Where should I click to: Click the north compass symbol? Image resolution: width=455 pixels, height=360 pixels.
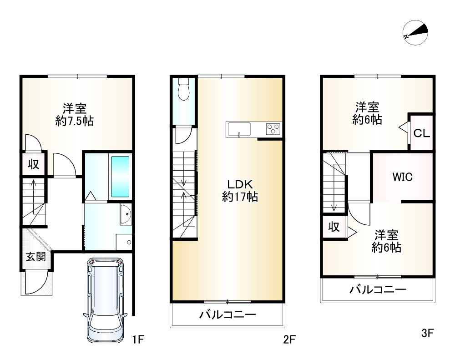tap(415, 32)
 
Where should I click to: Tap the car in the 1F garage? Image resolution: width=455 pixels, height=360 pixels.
tap(105, 300)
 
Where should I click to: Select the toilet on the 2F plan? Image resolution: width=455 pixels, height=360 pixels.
tap(184, 89)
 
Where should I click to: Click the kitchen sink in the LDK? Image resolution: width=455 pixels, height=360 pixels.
tap(239, 129)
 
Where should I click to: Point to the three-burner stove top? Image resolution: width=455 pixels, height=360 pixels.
tap(273, 129)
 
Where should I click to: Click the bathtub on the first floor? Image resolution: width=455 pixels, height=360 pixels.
tap(120, 177)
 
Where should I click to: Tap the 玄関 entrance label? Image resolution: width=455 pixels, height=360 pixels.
tap(36, 257)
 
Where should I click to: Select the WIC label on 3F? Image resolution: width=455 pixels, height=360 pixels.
tap(403, 177)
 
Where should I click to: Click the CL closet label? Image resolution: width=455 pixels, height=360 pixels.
tap(421, 133)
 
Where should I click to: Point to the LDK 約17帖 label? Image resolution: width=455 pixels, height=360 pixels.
tap(240, 190)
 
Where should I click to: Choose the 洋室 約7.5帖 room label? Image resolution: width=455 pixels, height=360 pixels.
tap(75, 115)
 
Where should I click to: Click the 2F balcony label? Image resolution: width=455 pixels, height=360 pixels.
tap(228, 314)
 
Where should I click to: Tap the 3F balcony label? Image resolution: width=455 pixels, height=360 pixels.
tap(378, 289)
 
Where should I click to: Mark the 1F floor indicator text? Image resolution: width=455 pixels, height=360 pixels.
tap(138, 339)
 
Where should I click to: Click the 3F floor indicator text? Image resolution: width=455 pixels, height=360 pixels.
tap(427, 333)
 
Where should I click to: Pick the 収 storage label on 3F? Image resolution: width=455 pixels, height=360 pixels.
tap(334, 227)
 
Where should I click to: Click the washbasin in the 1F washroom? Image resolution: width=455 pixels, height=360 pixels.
tap(126, 214)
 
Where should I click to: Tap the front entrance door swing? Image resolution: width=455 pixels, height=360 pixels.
tap(36, 282)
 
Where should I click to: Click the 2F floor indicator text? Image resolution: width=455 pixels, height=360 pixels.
tap(289, 339)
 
